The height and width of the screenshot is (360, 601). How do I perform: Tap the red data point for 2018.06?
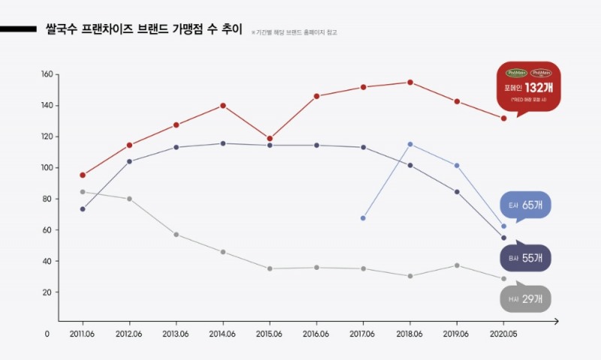(x=410, y=83)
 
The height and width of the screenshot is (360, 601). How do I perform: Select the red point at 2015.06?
(x=269, y=138)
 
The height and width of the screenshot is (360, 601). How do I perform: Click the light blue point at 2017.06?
(x=363, y=218)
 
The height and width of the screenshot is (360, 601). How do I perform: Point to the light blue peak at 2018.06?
(x=410, y=144)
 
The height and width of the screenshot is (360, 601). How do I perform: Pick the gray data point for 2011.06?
(x=83, y=192)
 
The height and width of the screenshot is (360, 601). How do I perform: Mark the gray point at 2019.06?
(x=457, y=265)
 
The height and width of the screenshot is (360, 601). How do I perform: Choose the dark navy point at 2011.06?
(x=83, y=209)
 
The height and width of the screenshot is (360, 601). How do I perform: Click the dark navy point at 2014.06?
(x=223, y=144)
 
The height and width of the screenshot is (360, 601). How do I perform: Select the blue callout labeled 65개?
(x=526, y=204)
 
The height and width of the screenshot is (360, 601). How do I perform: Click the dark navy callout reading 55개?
(x=526, y=259)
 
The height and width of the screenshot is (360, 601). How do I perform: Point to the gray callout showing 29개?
(x=526, y=299)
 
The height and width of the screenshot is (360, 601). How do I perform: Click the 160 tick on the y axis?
(x=47, y=74)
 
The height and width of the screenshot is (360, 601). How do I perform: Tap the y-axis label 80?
(x=47, y=199)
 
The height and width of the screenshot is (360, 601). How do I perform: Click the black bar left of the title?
(x=18, y=30)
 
